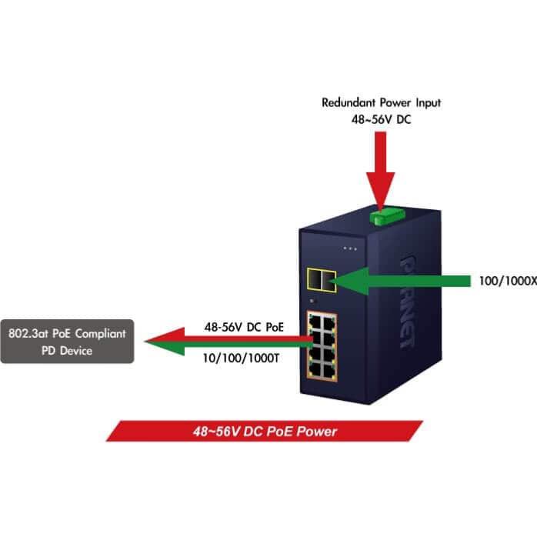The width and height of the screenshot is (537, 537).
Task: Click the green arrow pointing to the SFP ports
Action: coord(400,281)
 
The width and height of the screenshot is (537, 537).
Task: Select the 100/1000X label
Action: coord(508,281)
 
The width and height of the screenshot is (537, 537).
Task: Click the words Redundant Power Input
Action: coord(381,102)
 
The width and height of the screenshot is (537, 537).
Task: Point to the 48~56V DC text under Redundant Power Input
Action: coord(381,119)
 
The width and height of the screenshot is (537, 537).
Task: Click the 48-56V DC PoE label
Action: coord(244,327)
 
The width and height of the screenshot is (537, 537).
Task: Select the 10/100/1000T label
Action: coord(241,359)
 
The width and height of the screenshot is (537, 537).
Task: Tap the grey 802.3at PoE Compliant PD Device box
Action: coord(67,342)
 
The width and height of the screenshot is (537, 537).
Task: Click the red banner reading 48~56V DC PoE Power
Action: coord(265,431)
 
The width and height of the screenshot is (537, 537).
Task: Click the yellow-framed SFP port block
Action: coord(322,280)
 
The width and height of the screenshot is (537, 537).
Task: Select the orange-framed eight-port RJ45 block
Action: coord(322,346)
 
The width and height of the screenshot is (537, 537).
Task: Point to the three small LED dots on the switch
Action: coord(350,248)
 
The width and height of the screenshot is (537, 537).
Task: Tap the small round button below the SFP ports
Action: coord(312,301)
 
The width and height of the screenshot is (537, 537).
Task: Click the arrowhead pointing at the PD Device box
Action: coord(165,342)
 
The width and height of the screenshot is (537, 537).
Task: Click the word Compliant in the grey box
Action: coord(100,334)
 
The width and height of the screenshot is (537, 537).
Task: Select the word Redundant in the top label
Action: coord(349,102)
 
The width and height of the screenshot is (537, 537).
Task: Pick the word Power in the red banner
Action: coord(317,431)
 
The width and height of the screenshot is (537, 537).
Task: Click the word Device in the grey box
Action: coord(76,351)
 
